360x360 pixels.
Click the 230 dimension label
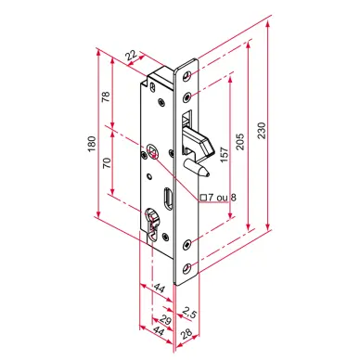262,130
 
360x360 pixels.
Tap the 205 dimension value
240,142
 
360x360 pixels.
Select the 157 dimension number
225,154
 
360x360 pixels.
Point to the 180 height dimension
92,144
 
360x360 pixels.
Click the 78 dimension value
106,96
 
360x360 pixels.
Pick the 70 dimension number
107,162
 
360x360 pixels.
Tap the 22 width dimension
132,56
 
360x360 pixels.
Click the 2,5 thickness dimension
189,313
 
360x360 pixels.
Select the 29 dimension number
166,320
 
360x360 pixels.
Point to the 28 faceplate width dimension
186,333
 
